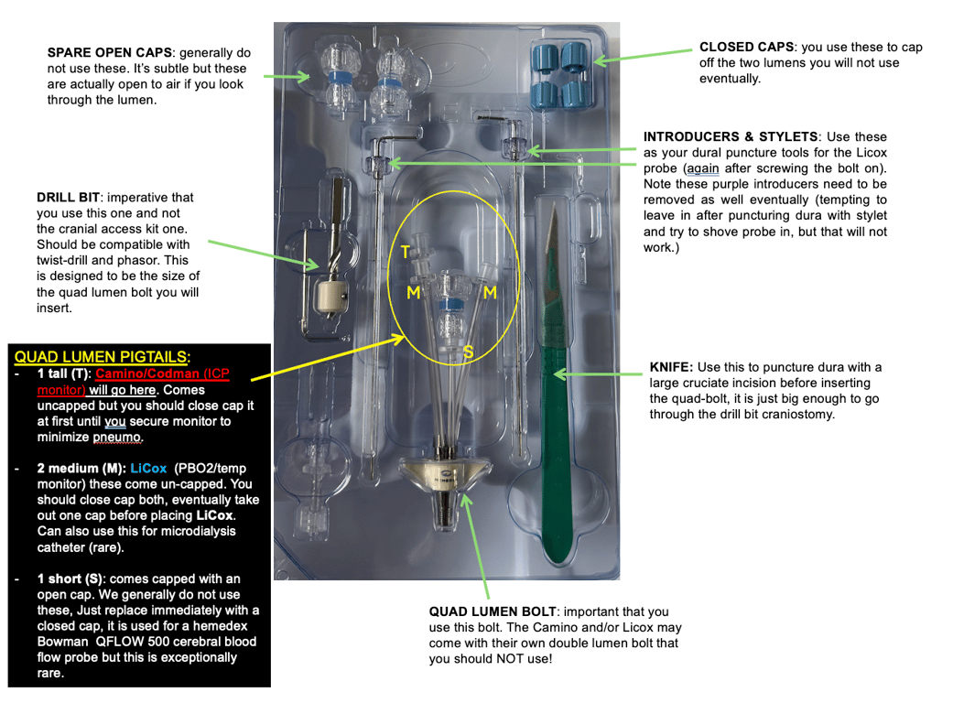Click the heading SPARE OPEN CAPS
click(103, 53)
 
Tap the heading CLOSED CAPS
click(740, 47)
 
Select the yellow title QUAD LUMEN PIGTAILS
click(102, 357)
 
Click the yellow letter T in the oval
click(406, 252)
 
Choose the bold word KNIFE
click(672, 367)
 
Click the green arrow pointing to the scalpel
click(600, 373)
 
